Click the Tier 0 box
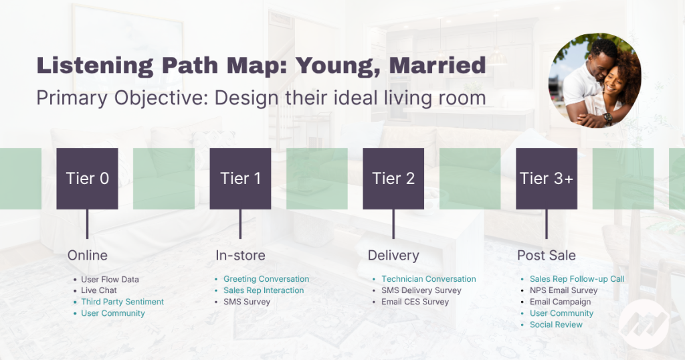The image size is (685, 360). pyautogui.click(x=88, y=178)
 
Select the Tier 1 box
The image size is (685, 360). pyautogui.click(x=240, y=178)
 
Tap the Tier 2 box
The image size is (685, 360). pyautogui.click(x=393, y=178)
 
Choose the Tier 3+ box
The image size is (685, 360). pyautogui.click(x=547, y=178)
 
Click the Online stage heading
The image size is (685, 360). pyautogui.click(x=88, y=255)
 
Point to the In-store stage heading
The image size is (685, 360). pyautogui.click(x=240, y=255)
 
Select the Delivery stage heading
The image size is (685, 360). pyautogui.click(x=393, y=255)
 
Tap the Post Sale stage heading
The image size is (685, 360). pyautogui.click(x=547, y=255)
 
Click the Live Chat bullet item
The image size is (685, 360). pyautogui.click(x=99, y=290)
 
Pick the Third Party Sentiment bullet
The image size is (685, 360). pyautogui.click(x=122, y=302)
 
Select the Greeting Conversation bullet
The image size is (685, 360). pyautogui.click(x=266, y=279)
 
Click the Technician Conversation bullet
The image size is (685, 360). pyautogui.click(x=429, y=279)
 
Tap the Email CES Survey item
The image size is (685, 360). pyautogui.click(x=415, y=302)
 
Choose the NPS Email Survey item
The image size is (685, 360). pyautogui.click(x=563, y=290)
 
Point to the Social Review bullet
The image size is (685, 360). pyautogui.click(x=556, y=325)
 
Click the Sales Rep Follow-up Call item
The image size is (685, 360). pyautogui.click(x=577, y=279)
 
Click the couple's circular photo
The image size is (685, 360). pyautogui.click(x=595, y=80)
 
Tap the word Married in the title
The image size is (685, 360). pyautogui.click(x=437, y=65)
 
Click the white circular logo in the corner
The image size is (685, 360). pyautogui.click(x=644, y=324)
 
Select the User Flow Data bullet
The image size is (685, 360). pyautogui.click(x=110, y=279)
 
